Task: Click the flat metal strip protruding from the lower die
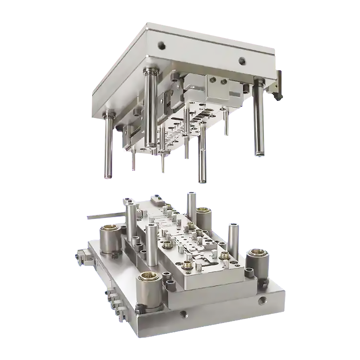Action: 104,216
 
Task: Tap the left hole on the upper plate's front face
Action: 161,45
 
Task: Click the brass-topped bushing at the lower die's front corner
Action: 149,292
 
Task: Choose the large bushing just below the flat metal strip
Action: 111,239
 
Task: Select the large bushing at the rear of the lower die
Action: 203,218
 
